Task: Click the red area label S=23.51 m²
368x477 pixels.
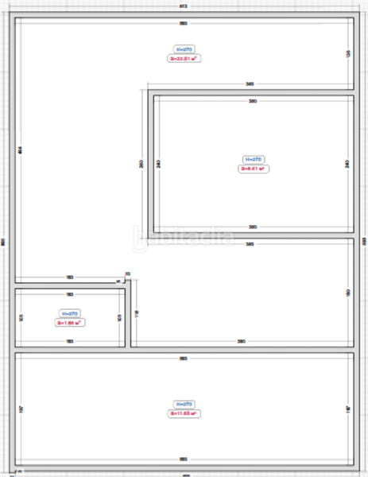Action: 183,58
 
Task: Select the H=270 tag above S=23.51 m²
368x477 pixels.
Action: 183,48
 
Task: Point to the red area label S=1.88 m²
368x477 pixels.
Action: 70,323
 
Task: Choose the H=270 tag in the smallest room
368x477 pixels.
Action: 70,313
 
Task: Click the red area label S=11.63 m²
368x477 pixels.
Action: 183,413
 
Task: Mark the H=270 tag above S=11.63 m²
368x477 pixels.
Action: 183,404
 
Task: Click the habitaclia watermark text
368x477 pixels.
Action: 184,235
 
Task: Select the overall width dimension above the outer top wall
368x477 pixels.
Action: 184,6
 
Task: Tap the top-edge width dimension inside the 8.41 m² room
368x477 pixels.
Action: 253,102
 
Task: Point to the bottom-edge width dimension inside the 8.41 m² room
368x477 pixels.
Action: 253,227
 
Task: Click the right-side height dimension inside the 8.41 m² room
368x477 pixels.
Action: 347,164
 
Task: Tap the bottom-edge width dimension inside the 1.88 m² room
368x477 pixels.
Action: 70,342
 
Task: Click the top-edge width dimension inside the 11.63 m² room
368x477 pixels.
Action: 183,359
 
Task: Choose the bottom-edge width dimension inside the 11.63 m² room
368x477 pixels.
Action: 183,459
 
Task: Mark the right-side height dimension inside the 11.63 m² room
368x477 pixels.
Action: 347,409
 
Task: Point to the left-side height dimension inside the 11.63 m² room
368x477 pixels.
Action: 21,409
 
